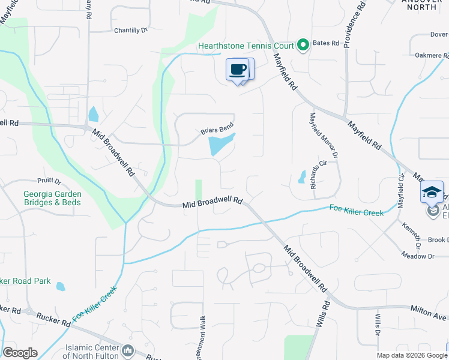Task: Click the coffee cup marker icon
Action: point(238,70)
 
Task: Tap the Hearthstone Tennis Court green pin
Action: point(303,46)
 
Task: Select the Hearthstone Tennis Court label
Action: point(247,46)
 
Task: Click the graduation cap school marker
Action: point(432,193)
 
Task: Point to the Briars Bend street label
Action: point(217,129)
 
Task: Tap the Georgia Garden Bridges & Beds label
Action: point(52,198)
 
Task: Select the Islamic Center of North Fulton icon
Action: point(127,350)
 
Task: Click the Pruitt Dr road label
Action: point(49,181)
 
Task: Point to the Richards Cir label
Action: point(313,173)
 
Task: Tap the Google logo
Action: point(20,353)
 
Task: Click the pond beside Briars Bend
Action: point(220,144)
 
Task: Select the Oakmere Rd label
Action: point(432,56)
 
